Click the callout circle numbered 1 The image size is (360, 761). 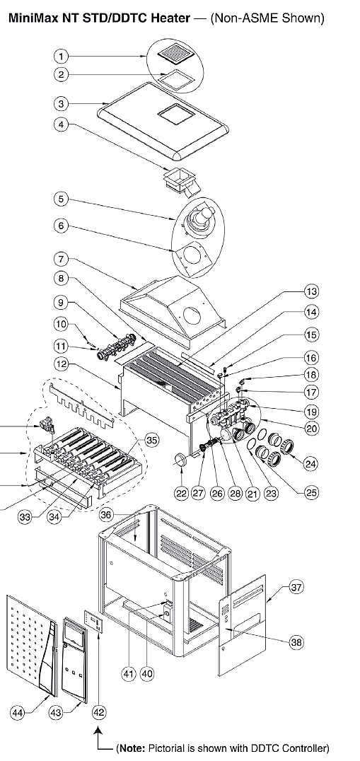tap(61, 57)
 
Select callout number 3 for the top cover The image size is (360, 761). tap(61, 103)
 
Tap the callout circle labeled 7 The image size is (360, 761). tap(61, 259)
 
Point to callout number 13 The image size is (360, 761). tap(311, 291)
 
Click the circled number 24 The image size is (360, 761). tap(311, 463)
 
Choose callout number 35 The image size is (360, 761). tap(152, 440)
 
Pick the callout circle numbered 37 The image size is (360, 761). tap(296, 587)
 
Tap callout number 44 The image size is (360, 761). tap(18, 712)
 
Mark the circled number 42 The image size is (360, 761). tap(98, 712)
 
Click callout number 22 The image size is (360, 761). tap(182, 494)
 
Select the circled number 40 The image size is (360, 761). tap(147, 673)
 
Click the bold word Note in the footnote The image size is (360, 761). tap(130, 748)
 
